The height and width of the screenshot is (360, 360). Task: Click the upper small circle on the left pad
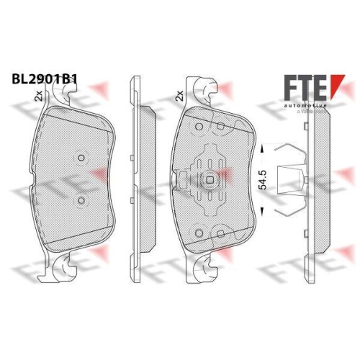click(81, 159)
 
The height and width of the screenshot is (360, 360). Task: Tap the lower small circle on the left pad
click(81, 199)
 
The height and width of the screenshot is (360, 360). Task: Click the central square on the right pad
click(208, 181)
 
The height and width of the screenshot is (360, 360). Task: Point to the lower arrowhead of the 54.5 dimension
click(264, 212)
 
